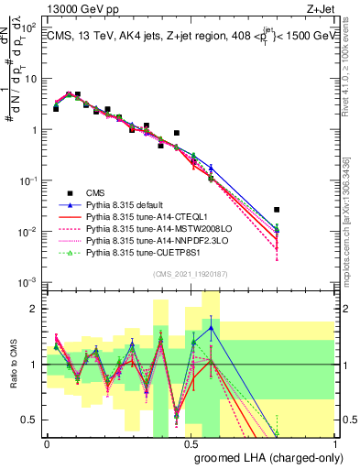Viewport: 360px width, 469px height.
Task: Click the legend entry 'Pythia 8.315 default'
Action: pos(128,204)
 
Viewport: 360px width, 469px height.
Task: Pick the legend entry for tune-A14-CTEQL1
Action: pos(142,216)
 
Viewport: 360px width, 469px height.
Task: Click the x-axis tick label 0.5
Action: pos(191,443)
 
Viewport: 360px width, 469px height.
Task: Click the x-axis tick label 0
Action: pos(47,443)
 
